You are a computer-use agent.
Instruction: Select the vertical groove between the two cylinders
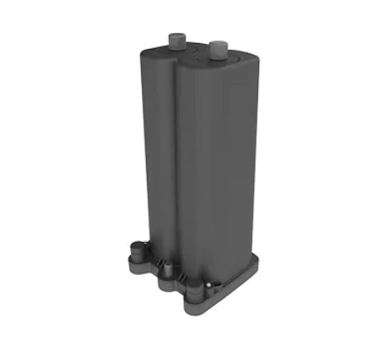[x=177, y=165]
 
